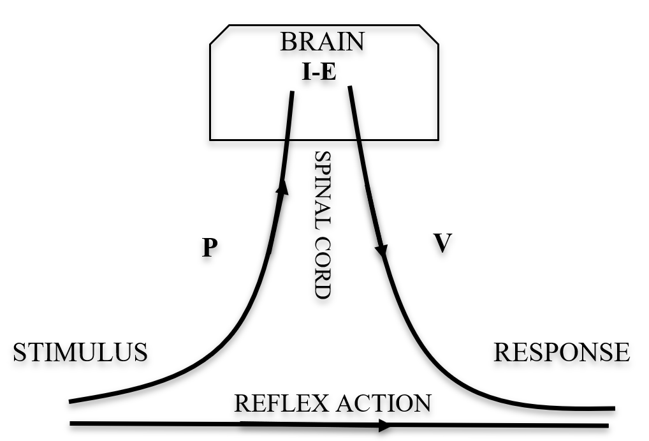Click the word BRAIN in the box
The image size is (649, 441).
[x=322, y=41]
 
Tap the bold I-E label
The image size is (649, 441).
[x=319, y=72]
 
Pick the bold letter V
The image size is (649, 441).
[x=442, y=243]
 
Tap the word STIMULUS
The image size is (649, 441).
[x=80, y=352]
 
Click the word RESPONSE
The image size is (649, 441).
[x=562, y=352]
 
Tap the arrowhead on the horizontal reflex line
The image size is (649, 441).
[x=384, y=425]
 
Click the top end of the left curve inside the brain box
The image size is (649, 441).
[x=292, y=93]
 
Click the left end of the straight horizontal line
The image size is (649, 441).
[x=71, y=422]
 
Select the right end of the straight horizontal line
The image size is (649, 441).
[x=607, y=426]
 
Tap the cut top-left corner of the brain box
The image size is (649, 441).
[x=220, y=36]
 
